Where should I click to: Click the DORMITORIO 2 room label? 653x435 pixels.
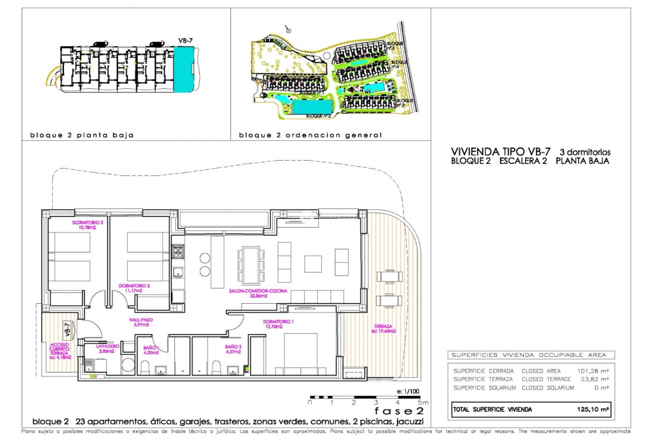tap(87, 225)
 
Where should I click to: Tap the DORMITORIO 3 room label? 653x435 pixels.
tap(134, 288)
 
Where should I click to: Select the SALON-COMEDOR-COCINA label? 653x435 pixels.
tap(258, 293)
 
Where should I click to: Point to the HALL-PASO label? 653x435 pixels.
tap(141, 322)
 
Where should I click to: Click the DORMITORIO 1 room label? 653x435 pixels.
tap(278, 324)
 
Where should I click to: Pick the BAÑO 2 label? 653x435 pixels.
tap(233, 349)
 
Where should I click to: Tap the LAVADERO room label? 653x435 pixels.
tap(107, 348)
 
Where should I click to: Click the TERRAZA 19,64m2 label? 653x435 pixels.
tap(383, 329)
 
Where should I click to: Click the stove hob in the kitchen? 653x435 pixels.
tap(178, 252)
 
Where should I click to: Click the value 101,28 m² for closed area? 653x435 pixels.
tap(592, 371)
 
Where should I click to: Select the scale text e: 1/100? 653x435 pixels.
tap(408, 391)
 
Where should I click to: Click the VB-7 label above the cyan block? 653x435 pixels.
tap(185, 40)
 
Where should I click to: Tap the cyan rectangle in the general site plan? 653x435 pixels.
tap(312, 107)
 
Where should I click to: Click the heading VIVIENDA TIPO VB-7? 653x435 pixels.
tap(500, 152)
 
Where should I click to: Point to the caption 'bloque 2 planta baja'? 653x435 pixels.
tap(82, 135)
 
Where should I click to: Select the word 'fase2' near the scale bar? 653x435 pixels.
tap(399, 411)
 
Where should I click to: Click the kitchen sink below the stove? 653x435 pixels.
tap(178, 272)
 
